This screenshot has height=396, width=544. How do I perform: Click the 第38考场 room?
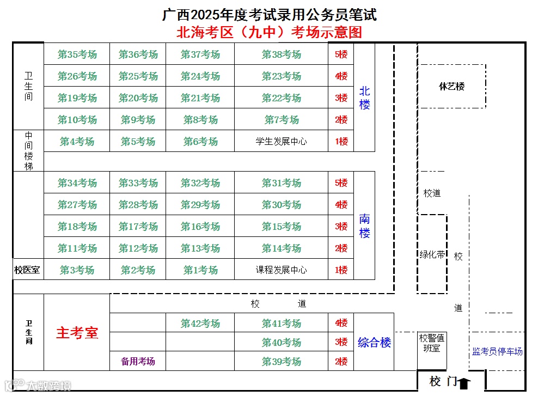tap(281, 54)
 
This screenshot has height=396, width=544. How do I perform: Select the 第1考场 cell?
tap(200, 270)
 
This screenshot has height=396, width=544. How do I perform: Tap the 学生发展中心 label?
tap(281, 142)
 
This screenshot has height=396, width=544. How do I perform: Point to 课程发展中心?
tap(281, 270)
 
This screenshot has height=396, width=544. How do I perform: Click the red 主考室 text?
tap(77, 333)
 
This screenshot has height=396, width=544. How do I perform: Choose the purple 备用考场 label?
tap(138, 362)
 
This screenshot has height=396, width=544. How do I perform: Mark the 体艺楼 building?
tap(451, 86)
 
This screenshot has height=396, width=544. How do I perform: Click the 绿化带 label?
tap(432, 254)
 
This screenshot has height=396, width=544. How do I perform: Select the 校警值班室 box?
tap(432, 343)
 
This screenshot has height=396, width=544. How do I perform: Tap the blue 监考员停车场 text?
tap(497, 352)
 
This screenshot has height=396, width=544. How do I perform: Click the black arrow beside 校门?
tap(463, 383)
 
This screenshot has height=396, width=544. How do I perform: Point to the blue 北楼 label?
tap(364, 98)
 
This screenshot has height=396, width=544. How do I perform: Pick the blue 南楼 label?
tap(364, 227)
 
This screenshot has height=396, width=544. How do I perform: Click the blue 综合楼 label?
tap(374, 343)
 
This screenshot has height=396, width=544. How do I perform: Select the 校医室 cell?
tap(28, 270)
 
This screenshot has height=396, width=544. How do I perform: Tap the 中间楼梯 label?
tap(28, 150)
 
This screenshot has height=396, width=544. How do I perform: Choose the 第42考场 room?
tap(200, 324)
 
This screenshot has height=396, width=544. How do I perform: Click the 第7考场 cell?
tap(281, 120)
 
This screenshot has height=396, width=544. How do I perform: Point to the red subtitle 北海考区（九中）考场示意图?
tap(269, 32)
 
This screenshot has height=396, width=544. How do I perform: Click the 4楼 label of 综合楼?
tap(341, 324)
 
